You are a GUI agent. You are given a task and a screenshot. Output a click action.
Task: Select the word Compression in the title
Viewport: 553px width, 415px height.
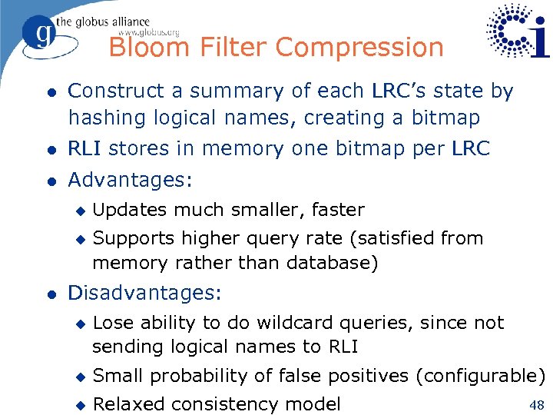(x=359, y=48)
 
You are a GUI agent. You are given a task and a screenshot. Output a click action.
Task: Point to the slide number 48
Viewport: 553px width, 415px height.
(x=536, y=403)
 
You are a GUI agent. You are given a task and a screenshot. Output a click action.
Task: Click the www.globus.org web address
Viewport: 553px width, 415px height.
(x=149, y=32)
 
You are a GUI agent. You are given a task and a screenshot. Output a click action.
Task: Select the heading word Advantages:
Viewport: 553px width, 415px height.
(x=130, y=180)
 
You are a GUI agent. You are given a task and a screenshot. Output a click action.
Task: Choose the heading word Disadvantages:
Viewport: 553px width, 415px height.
(x=144, y=293)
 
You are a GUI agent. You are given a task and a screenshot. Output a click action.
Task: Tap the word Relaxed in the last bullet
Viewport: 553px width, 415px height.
(x=127, y=404)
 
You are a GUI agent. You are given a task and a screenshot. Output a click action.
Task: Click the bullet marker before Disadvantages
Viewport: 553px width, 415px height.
(x=49, y=294)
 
